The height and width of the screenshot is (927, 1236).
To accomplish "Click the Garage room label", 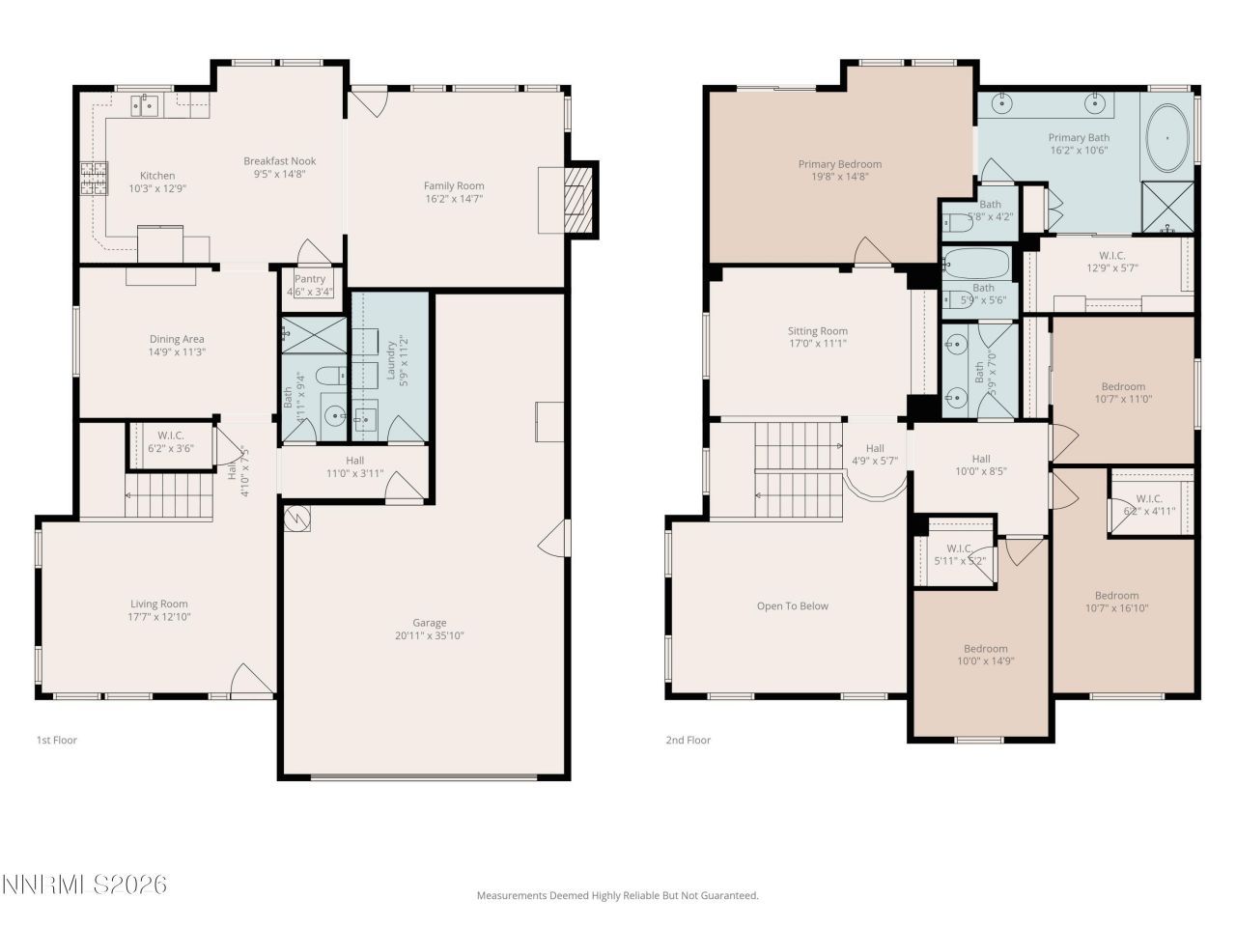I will coord(430,623).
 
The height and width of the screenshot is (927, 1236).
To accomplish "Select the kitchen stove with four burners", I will coord(93,179).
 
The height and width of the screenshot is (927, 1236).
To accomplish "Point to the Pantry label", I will coord(310,279).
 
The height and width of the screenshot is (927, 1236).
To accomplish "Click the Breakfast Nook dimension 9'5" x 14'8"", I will coord(279,175).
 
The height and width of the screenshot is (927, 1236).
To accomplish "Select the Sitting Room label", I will coord(817,331).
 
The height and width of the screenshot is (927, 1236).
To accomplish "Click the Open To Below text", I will coord(792,606).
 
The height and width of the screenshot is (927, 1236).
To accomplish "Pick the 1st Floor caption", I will coord(56,741).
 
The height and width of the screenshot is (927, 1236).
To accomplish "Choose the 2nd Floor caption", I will coord(688,741).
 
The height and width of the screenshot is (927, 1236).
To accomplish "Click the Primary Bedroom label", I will coord(839,164).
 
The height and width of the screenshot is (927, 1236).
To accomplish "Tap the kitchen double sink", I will coord(146,104).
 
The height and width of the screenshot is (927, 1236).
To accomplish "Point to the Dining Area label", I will coord(177,339).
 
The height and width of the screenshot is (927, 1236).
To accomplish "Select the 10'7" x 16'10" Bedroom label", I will coord(1116,596).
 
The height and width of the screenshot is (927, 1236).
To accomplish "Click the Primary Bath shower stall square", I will coord(1167,206).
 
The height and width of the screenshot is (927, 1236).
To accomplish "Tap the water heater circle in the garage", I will coord(298,519).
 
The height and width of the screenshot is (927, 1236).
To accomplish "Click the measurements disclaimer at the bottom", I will coord(617,896).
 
